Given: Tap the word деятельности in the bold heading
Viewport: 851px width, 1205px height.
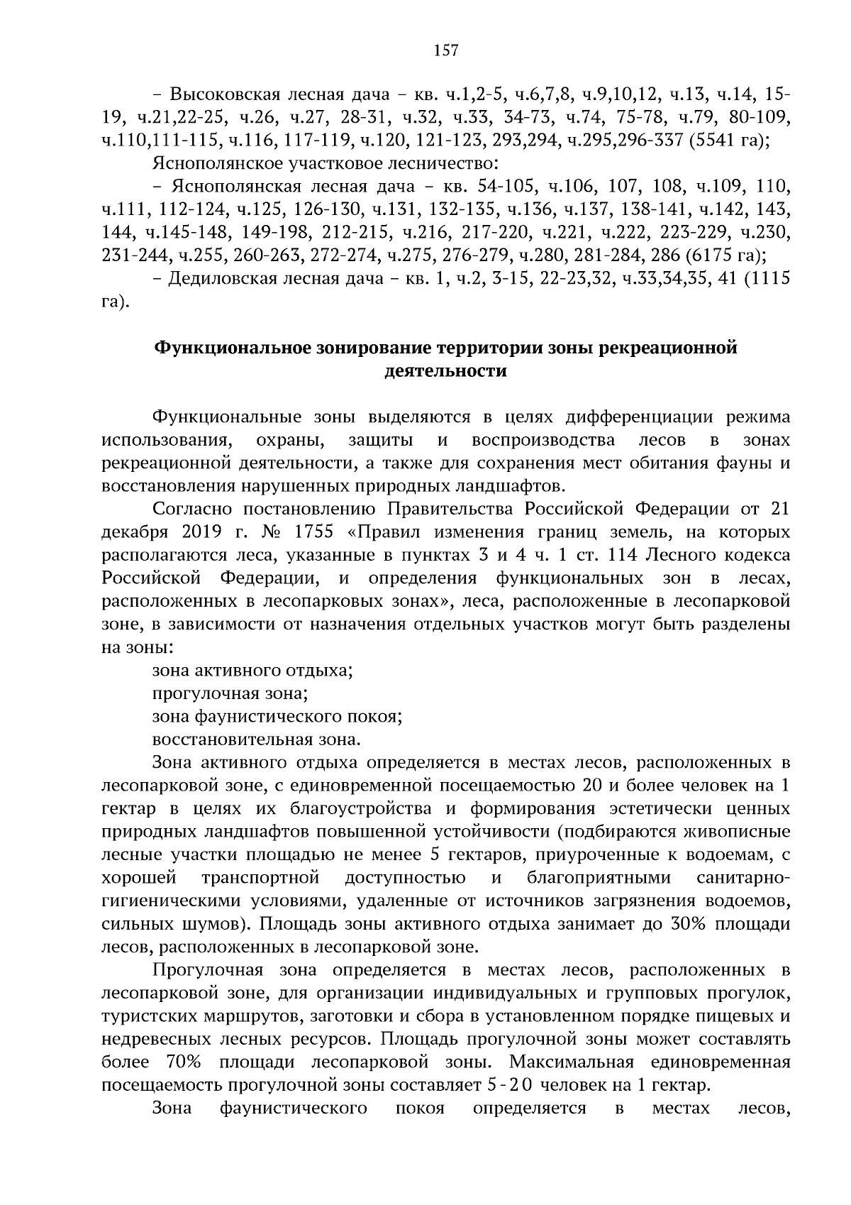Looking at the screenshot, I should click(x=445, y=370).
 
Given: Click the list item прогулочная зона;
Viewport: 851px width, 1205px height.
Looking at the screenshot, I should click(x=230, y=693).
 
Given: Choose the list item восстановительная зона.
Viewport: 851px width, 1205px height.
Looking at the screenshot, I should click(x=256, y=739).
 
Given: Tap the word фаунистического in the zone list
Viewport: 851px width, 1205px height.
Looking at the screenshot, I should click(x=273, y=716).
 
